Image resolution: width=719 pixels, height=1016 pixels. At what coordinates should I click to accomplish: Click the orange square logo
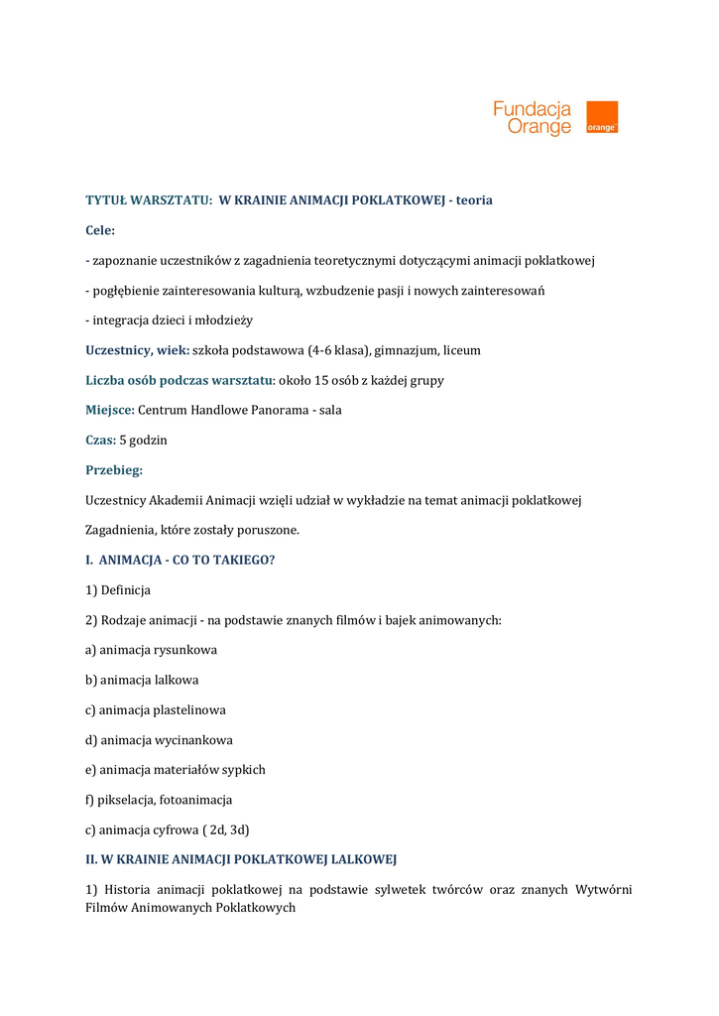601,117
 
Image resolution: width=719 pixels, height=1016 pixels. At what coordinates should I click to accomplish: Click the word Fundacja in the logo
533,108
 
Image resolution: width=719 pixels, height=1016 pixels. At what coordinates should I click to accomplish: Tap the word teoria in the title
474,200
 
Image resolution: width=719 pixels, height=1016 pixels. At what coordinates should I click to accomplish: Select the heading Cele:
100,230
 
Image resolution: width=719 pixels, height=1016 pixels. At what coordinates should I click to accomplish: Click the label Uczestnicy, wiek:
137,350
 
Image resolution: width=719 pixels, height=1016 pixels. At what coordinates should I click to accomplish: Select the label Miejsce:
109,410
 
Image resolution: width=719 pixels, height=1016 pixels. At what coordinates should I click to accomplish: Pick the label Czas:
100,440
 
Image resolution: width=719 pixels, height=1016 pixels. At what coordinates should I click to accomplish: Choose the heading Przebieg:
114,470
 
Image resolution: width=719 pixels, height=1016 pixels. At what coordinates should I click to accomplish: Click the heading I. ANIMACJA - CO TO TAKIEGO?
180,560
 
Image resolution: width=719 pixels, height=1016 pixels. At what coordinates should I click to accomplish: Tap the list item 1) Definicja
118,590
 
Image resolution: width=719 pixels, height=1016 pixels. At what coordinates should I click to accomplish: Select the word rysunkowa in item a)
185,650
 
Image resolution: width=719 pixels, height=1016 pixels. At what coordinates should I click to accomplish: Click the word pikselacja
128,800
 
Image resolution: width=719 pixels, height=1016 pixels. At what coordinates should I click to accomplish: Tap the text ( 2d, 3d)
225,829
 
